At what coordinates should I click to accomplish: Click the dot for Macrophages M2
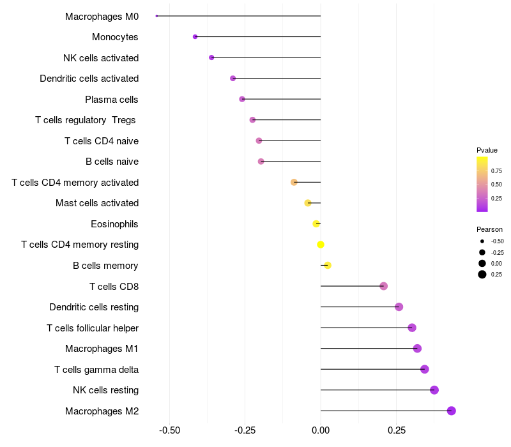(x=451, y=411)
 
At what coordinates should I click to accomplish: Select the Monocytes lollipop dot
(x=195, y=37)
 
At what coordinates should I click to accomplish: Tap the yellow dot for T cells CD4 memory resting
(x=321, y=245)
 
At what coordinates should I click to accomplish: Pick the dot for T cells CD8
(x=383, y=286)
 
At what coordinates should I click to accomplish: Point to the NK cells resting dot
(x=434, y=390)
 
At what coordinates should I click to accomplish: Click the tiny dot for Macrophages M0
(x=156, y=16)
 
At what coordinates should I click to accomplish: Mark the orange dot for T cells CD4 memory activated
(x=294, y=182)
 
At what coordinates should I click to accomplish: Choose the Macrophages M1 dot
(x=417, y=349)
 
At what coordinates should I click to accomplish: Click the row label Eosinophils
(x=115, y=224)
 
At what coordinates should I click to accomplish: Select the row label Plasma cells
(x=112, y=100)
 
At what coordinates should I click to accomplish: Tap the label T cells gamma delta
(x=96, y=370)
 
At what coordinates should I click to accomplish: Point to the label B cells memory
(x=105, y=266)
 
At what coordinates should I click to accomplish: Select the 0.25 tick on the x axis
(x=396, y=430)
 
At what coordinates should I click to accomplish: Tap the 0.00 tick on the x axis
(x=321, y=430)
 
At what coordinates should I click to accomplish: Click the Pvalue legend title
(x=487, y=150)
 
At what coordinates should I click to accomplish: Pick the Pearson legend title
(x=489, y=229)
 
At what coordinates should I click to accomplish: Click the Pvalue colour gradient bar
(x=482, y=184)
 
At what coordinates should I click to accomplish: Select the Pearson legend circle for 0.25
(x=482, y=275)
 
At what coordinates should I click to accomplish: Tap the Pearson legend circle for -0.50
(x=482, y=241)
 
